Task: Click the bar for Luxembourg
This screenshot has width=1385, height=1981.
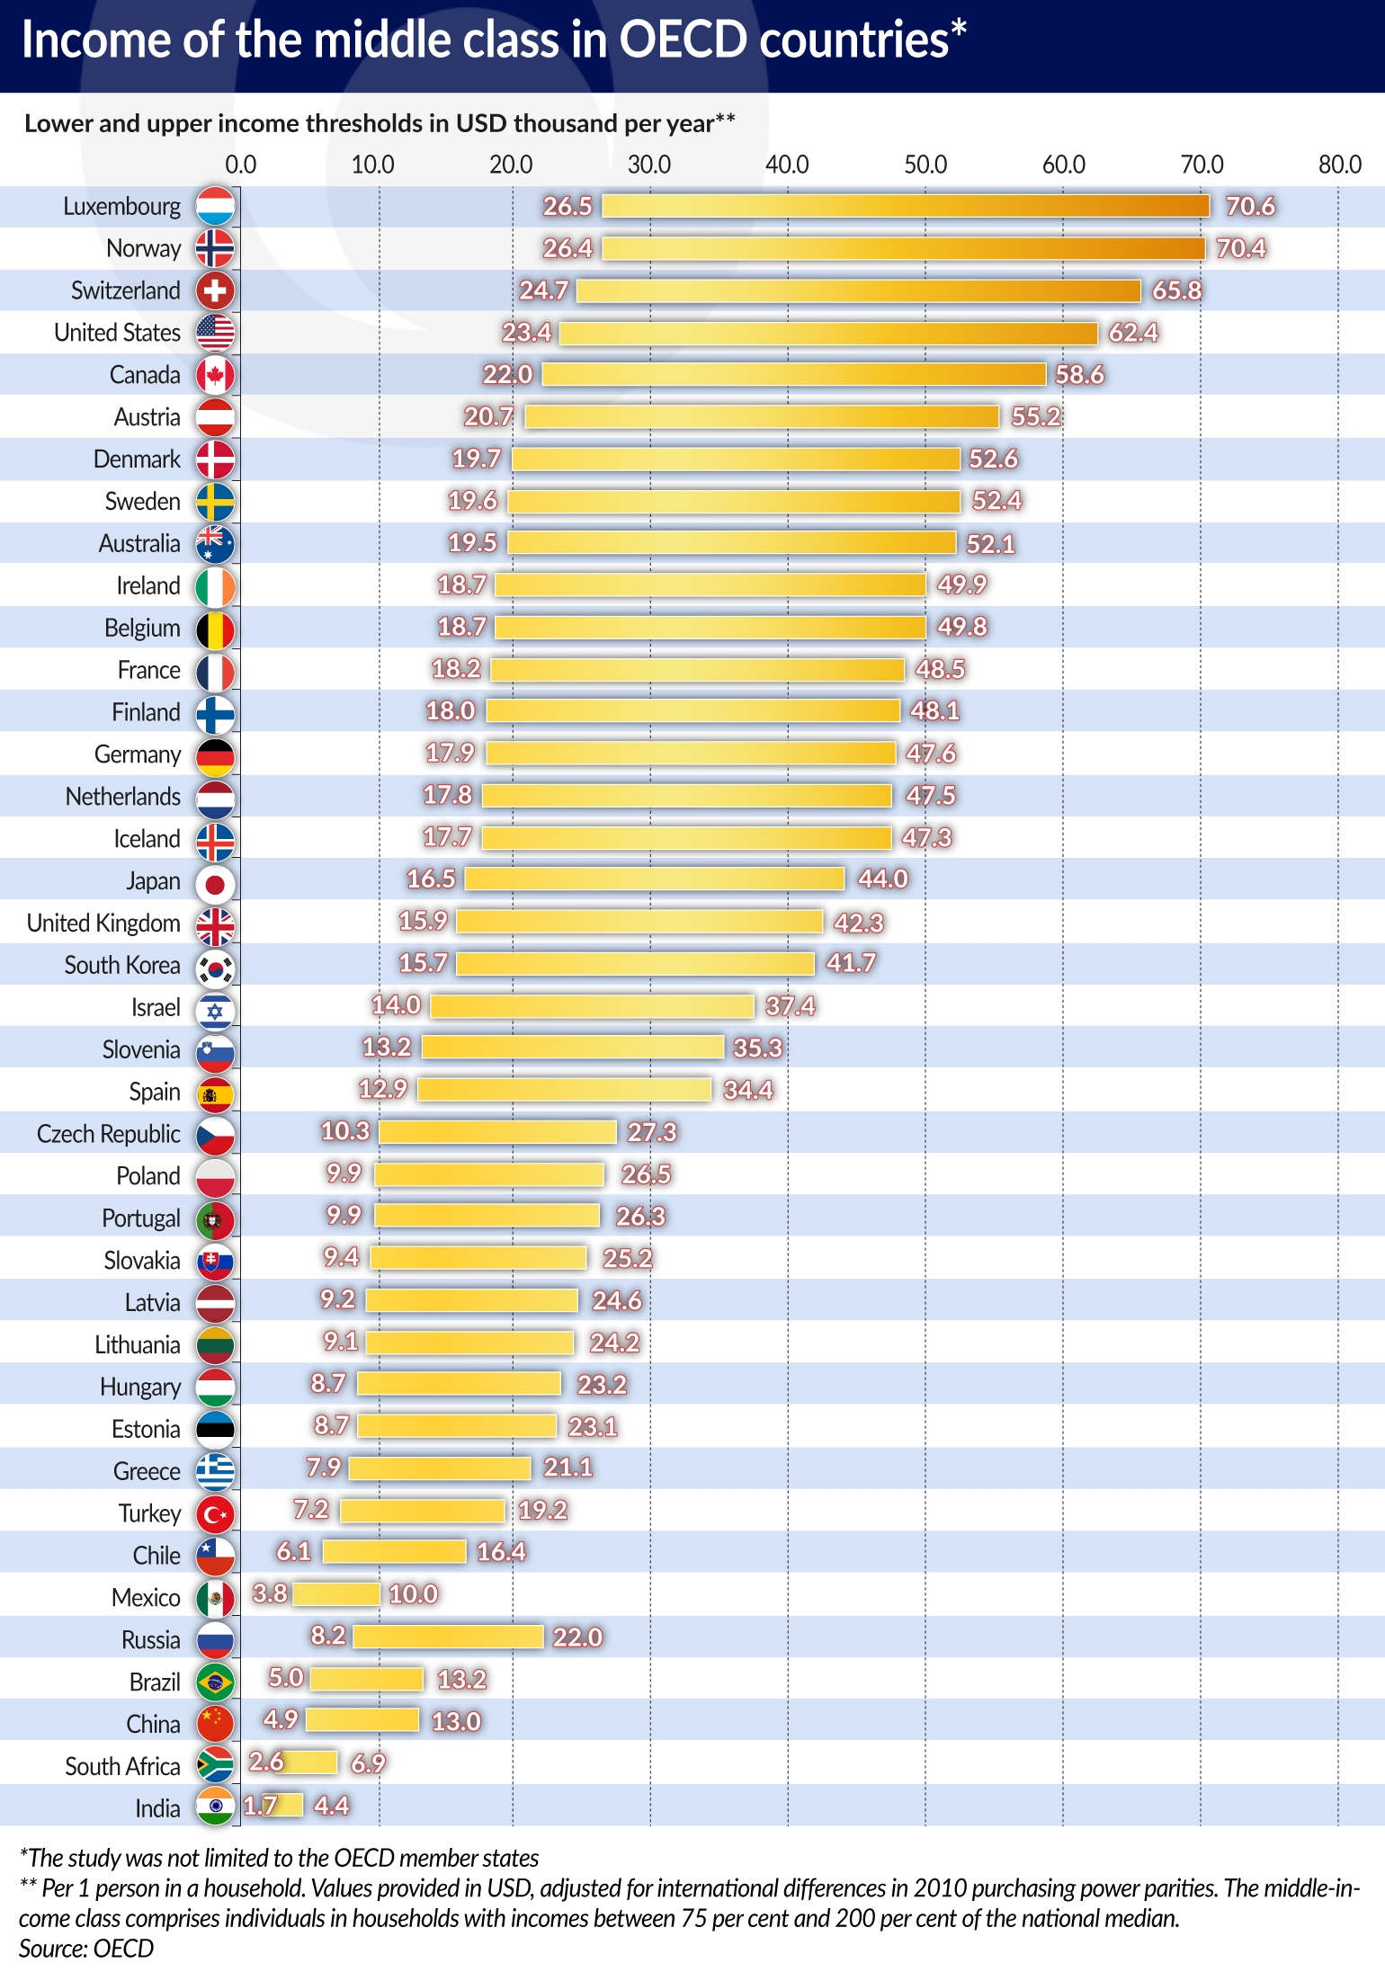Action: click(x=906, y=206)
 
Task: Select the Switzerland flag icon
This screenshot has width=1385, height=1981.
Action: click(x=215, y=290)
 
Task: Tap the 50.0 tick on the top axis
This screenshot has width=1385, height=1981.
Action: click(x=925, y=165)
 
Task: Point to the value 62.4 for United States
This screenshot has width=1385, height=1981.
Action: click(x=1133, y=333)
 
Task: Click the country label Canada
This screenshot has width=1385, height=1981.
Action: click(x=145, y=375)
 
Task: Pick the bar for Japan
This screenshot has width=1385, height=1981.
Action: click(x=655, y=879)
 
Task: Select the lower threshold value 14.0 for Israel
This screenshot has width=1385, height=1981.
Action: click(x=397, y=1004)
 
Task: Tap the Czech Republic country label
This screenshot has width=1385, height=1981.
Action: click(x=108, y=1134)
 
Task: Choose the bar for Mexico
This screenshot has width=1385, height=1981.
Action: click(x=336, y=1594)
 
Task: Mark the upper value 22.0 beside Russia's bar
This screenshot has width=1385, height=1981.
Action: click(x=577, y=1637)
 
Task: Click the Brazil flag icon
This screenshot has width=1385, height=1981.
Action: click(x=215, y=1682)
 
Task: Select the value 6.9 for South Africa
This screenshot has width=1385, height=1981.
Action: click(x=368, y=1763)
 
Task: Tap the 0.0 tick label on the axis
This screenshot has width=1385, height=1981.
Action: click(x=240, y=165)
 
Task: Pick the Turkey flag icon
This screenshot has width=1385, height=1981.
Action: click(x=215, y=1514)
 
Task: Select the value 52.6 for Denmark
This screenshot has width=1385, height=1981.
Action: click(x=993, y=459)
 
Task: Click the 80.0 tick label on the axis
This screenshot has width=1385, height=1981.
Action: click(x=1339, y=165)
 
